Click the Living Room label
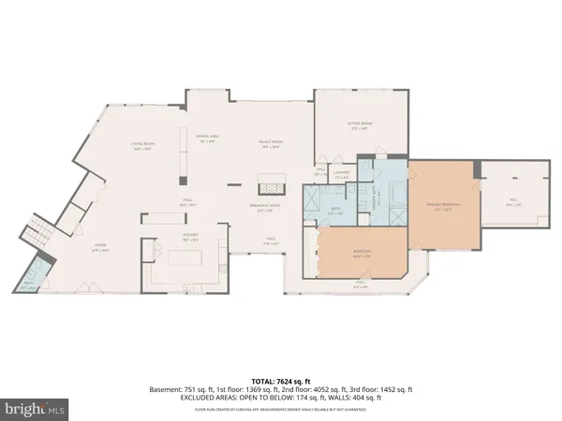point(142,143)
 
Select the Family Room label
point(272,143)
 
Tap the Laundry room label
point(343,174)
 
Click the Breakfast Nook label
point(271,208)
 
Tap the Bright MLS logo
point(36,409)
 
